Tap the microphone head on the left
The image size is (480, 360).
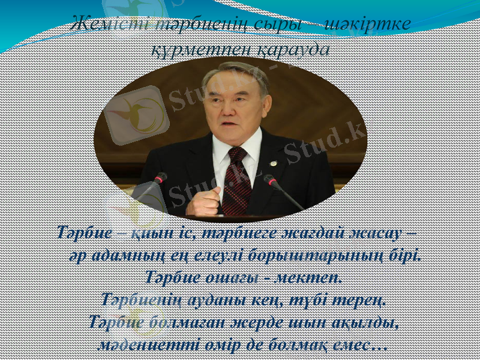click(160, 178)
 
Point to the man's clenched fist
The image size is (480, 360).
click(203, 201)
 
